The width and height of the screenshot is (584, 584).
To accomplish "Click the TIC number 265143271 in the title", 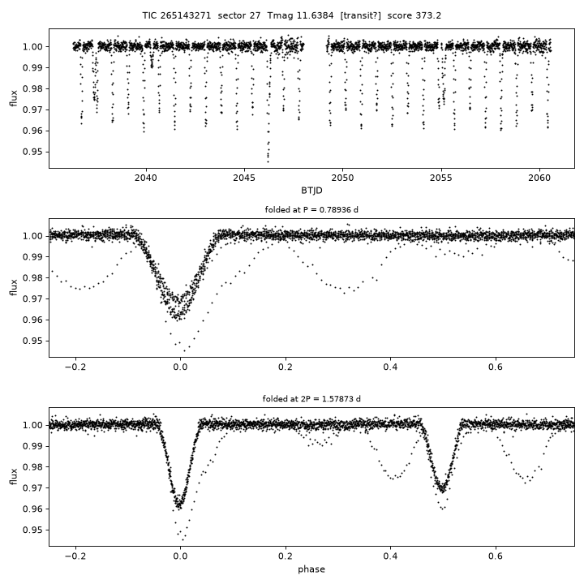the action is click(186, 15).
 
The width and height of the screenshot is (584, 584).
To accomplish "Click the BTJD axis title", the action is click(311, 191).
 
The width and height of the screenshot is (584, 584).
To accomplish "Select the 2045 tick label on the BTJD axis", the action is click(244, 178).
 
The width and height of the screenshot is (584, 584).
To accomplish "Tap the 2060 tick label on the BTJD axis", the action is click(539, 178).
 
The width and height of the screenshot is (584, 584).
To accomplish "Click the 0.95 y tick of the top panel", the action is click(32, 152).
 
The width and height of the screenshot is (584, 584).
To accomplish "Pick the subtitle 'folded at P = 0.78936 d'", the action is click(311, 210).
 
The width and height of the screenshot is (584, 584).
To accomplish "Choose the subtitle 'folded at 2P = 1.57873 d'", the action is click(311, 399).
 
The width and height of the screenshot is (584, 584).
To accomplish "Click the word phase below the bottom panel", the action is click(311, 569).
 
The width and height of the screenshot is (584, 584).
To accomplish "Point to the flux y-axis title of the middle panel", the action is click(14, 287).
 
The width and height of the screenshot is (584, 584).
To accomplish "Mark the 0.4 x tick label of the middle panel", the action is click(390, 367).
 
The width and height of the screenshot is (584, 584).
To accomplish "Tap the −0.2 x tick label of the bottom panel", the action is click(75, 556).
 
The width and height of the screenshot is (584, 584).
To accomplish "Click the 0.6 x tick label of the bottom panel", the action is click(496, 556).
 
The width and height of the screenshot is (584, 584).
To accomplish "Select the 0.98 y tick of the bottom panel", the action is click(32, 467).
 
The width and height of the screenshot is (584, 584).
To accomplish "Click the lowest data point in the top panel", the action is click(268, 161).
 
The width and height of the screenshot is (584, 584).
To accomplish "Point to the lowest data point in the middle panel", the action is click(184, 351).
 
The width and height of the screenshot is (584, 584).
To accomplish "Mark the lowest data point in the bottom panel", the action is click(182, 539).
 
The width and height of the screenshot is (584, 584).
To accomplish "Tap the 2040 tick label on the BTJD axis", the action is click(146, 178).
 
